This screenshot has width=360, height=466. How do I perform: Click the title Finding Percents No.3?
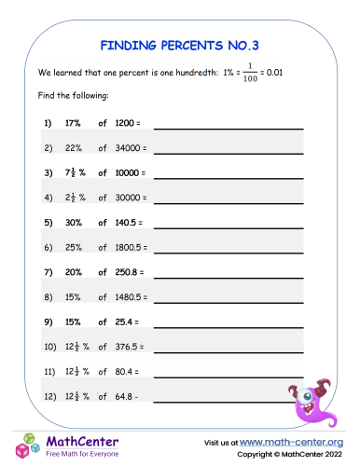(180, 43)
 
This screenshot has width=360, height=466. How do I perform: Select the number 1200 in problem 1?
(124, 123)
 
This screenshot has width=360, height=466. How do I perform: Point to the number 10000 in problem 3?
(127, 173)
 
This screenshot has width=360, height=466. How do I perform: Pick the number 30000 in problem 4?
(127, 198)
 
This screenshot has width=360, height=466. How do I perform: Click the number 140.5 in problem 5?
(125, 223)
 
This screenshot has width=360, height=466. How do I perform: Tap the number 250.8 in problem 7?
(125, 273)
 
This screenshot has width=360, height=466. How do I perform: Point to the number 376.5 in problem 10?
(125, 348)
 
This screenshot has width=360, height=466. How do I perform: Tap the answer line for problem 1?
(228, 127)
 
